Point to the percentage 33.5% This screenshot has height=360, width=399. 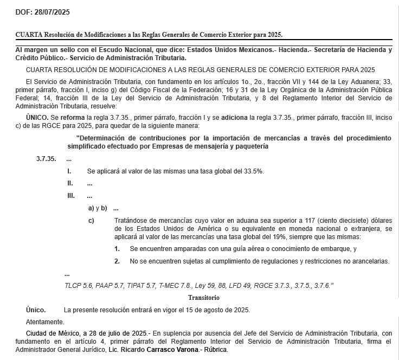pyautogui.click(x=253, y=171)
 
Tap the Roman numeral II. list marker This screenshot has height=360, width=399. pyautogui.click(x=70, y=183)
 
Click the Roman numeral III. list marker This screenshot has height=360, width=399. pyautogui.click(x=71, y=196)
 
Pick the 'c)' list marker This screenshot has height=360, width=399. pyautogui.click(x=91, y=221)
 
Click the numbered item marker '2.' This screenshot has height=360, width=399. pyautogui.click(x=117, y=261)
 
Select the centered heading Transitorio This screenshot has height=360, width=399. pyautogui.click(x=203, y=298)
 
